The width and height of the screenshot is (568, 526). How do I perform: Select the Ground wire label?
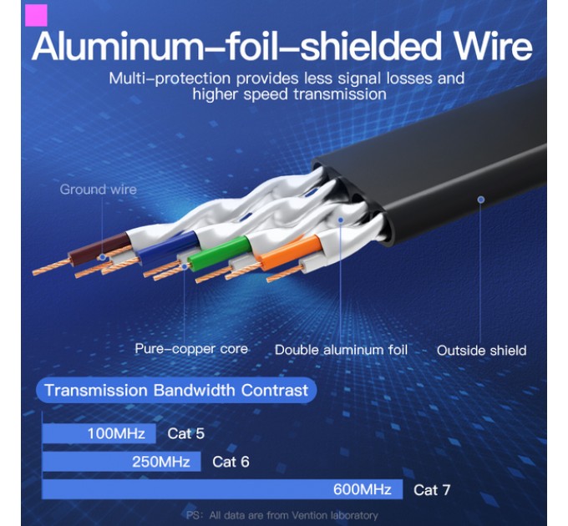(x=98, y=190)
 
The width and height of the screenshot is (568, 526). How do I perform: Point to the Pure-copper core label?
(x=191, y=348)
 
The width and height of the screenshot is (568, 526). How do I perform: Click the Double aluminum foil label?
(x=341, y=350)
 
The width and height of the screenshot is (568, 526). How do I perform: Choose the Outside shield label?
(x=481, y=350)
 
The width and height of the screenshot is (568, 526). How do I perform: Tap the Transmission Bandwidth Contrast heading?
(x=175, y=390)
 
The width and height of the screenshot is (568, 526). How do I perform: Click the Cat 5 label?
(x=185, y=433)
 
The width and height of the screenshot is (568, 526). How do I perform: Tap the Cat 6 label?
(x=231, y=462)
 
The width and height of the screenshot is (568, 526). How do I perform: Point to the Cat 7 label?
(x=432, y=490)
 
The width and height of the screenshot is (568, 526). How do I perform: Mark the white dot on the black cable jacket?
(x=480, y=199)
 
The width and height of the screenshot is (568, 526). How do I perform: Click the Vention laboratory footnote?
(x=281, y=515)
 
